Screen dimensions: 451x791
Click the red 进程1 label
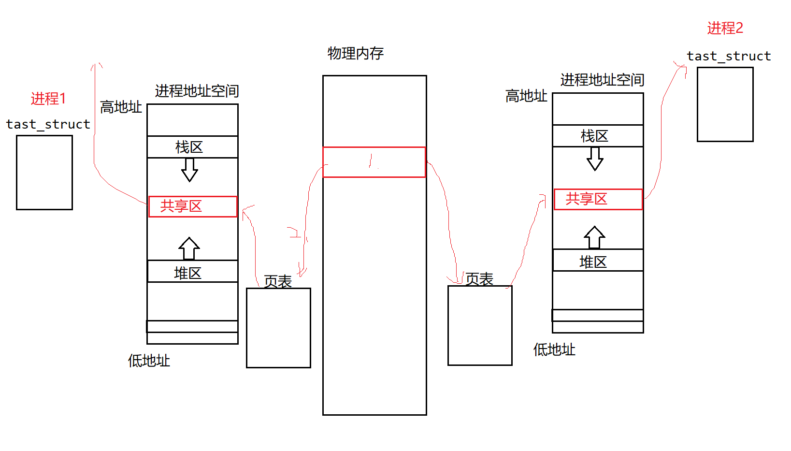pyautogui.click(x=48, y=99)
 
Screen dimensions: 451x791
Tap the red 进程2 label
pyautogui.click(x=725, y=28)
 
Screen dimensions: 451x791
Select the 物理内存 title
pyautogui.click(x=356, y=53)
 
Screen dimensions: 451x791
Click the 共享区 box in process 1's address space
pyautogui.click(x=193, y=206)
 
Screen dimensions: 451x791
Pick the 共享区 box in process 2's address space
pyautogui.click(x=598, y=199)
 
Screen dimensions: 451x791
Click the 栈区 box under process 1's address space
pyautogui.click(x=192, y=147)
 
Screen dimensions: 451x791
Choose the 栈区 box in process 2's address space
pyautogui.click(x=598, y=136)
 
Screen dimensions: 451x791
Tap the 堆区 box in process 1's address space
pyautogui.click(x=192, y=272)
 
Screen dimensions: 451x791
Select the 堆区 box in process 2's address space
pyautogui.click(x=598, y=261)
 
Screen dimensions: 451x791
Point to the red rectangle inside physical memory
pyautogui.click(x=374, y=162)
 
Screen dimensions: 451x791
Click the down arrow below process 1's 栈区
pyautogui.click(x=189, y=170)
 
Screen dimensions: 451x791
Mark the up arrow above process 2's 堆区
pyautogui.click(x=594, y=237)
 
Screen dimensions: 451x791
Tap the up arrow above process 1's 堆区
pyautogui.click(x=189, y=248)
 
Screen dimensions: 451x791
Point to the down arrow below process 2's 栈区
pyautogui.click(x=595, y=159)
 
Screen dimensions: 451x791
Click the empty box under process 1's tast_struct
pyautogui.click(x=44, y=173)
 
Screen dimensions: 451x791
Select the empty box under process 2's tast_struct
pyautogui.click(x=725, y=104)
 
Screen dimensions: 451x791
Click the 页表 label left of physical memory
pyautogui.click(x=278, y=281)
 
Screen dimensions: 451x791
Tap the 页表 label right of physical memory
pyautogui.click(x=479, y=279)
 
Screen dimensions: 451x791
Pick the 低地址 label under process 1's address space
pyautogui.click(x=149, y=361)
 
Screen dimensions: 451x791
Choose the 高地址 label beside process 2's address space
pyautogui.click(x=526, y=96)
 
